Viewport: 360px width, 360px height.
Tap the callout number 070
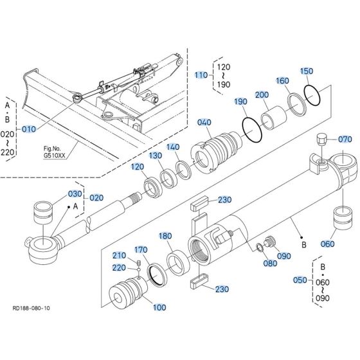click(345, 139)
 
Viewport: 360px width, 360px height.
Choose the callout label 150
click(307, 71)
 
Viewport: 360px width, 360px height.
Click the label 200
click(262, 94)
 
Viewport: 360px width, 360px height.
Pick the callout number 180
click(166, 237)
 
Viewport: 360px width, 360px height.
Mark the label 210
click(120, 255)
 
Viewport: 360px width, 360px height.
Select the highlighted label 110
click(202, 75)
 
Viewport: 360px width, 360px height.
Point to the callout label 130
click(156, 156)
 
